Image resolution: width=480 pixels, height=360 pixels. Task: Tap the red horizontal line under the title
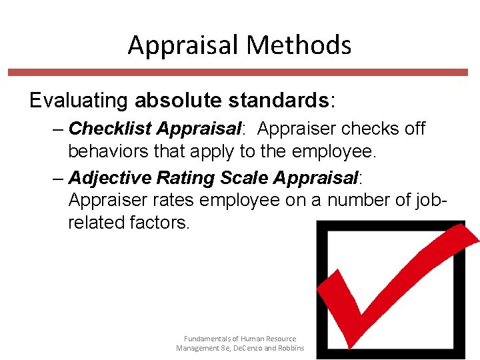pos(240,72)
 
